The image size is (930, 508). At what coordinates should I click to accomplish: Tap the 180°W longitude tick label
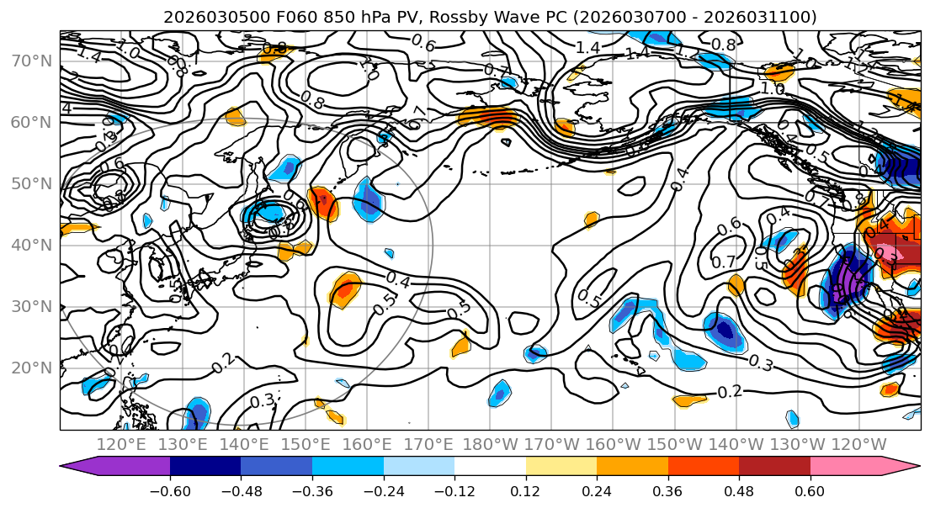coord(490,444)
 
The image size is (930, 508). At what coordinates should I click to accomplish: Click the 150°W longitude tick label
coord(675,444)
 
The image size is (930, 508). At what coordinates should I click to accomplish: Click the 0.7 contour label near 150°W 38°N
coord(723,262)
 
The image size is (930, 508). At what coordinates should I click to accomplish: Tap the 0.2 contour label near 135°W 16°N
coord(730,391)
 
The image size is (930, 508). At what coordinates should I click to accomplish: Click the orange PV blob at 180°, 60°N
coord(488,119)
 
